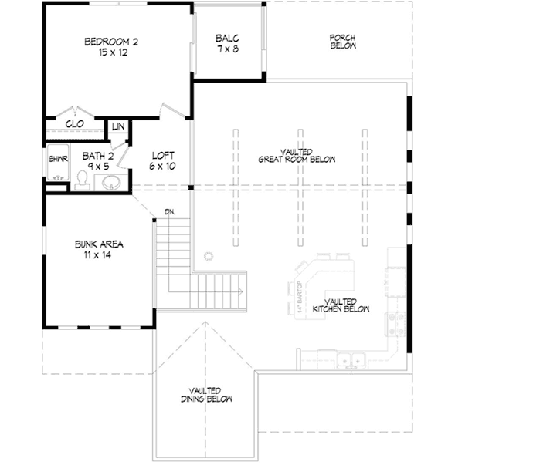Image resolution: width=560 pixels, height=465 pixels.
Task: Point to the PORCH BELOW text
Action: [342, 42]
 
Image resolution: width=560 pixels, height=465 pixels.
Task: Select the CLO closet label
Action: [75, 123]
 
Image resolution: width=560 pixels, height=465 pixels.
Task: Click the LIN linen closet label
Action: [118, 126]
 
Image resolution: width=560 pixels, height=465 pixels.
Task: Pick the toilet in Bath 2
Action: [81, 179]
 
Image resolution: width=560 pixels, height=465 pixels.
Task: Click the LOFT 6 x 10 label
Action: [163, 160]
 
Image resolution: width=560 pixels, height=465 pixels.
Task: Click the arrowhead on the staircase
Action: [241, 291]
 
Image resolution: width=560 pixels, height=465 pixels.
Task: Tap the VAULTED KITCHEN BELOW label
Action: [341, 305]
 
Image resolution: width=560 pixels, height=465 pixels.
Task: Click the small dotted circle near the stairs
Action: [208, 255]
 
